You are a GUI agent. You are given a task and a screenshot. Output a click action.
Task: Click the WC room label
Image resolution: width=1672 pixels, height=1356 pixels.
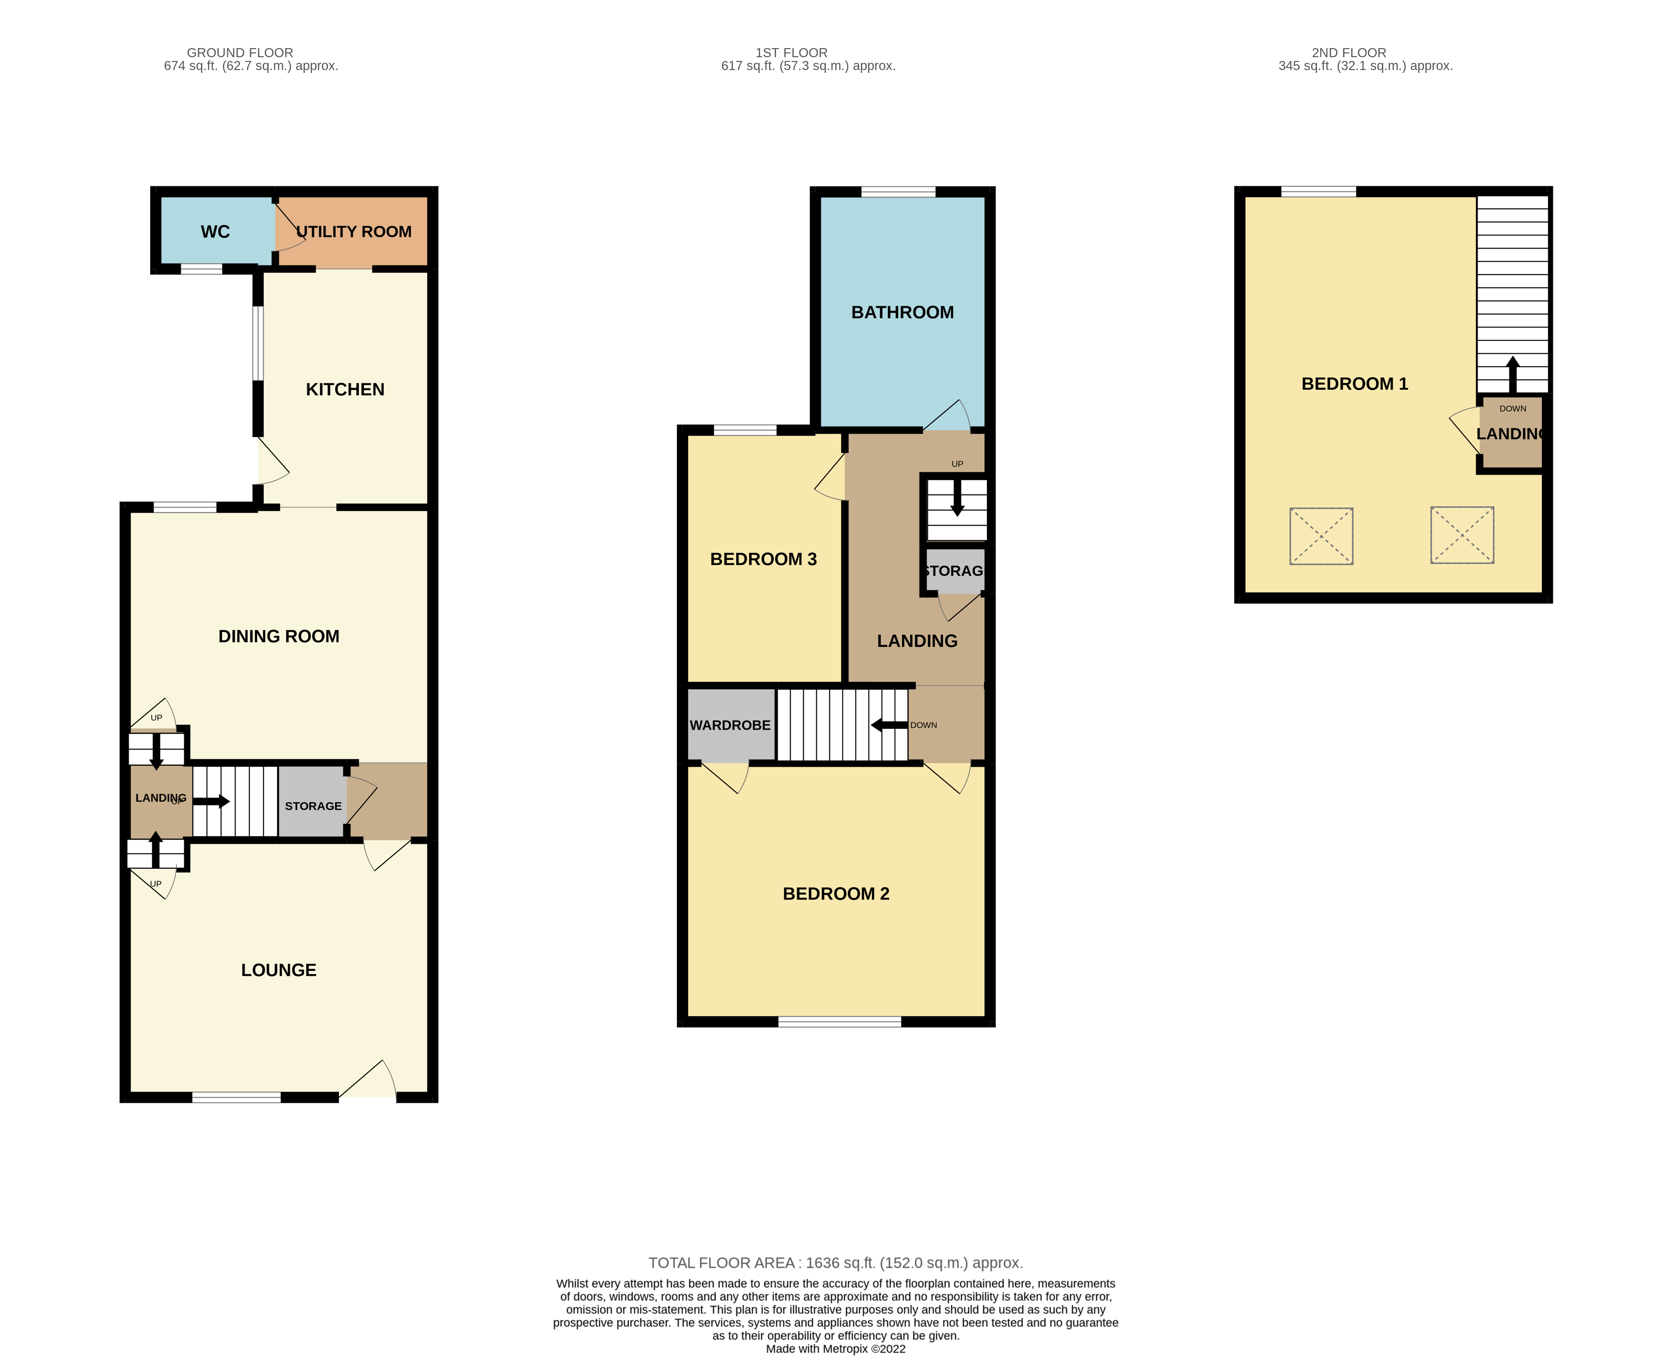click(215, 232)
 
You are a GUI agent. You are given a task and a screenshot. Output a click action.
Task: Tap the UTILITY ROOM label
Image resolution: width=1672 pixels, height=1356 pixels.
click(354, 232)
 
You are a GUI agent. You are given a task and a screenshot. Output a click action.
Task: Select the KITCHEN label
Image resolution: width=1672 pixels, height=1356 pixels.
click(345, 390)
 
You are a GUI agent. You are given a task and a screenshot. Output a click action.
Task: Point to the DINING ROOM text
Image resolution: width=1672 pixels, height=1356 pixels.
click(279, 637)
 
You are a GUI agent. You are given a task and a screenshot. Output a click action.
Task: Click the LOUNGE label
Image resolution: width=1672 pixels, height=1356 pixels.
click(279, 970)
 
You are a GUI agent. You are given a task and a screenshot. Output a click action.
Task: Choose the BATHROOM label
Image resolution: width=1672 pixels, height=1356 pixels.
click(903, 313)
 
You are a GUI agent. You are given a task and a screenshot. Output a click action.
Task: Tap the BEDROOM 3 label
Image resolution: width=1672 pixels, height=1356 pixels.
click(763, 559)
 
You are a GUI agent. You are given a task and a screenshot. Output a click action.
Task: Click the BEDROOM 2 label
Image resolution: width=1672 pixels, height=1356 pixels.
click(836, 894)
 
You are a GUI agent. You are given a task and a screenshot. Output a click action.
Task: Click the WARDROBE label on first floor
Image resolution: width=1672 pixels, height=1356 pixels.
click(730, 725)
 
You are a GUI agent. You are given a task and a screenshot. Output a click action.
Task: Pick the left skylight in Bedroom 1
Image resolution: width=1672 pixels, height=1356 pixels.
click(1321, 536)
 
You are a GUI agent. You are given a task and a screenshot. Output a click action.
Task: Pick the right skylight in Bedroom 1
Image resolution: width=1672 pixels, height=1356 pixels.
click(1462, 535)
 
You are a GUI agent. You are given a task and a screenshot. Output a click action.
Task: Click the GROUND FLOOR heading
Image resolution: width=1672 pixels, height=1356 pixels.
click(240, 52)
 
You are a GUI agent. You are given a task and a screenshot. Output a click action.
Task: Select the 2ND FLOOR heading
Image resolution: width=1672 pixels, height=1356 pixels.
click(1349, 52)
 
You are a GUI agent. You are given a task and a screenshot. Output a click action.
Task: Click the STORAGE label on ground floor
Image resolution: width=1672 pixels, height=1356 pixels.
click(313, 806)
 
